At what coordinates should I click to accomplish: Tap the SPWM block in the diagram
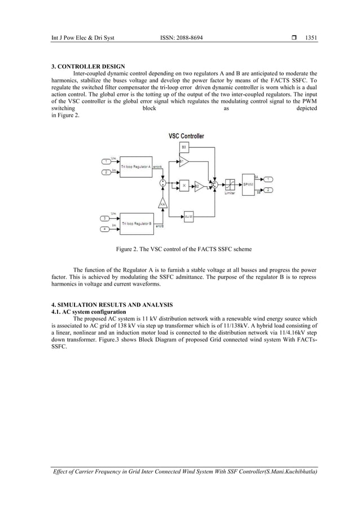click(x=248, y=184)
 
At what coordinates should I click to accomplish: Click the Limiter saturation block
click(x=230, y=184)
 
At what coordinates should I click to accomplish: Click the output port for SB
click(x=269, y=190)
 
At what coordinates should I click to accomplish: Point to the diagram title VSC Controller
click(x=186, y=136)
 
